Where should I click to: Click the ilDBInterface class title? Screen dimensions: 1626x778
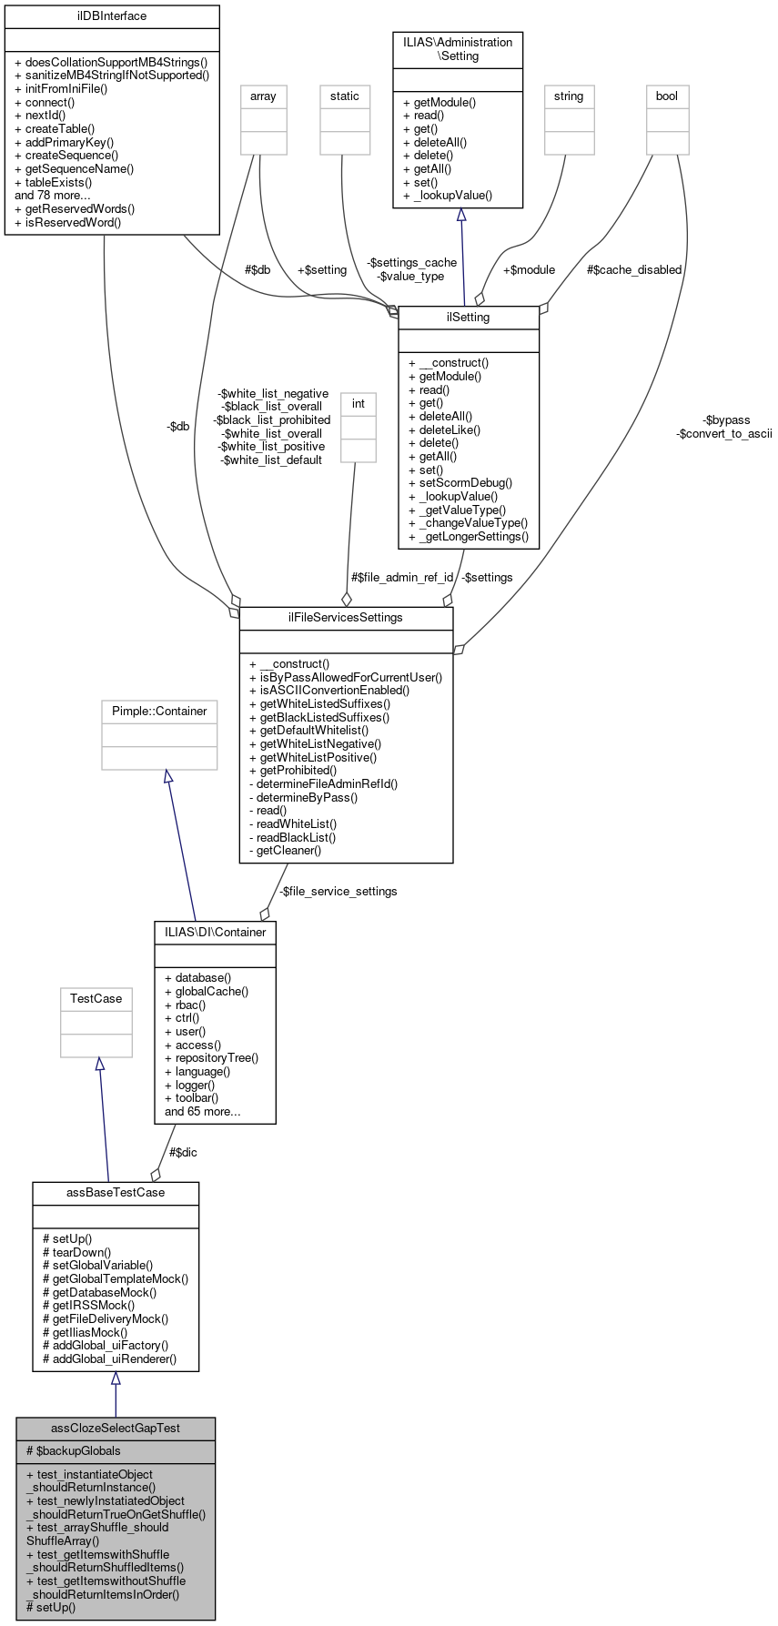pyautogui.click(x=112, y=15)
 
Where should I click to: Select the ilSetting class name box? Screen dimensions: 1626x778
pyautogui.click(x=469, y=318)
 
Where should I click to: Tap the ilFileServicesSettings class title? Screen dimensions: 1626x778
pyautogui.click(x=346, y=617)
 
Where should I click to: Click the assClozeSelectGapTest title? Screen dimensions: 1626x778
pyautogui.click(x=116, y=1428)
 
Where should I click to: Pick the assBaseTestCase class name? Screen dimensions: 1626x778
pyautogui.click(x=116, y=1192)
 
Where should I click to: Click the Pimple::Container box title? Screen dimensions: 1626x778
pyautogui.click(x=159, y=711)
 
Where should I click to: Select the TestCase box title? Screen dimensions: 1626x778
pyautogui.click(x=96, y=998)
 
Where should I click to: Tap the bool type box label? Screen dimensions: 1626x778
pyautogui.click(x=667, y=96)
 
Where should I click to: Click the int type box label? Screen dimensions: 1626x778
pyautogui.click(x=359, y=403)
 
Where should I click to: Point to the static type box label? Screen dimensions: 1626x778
pyautogui.click(x=345, y=96)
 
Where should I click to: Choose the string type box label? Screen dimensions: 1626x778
pyautogui.click(x=569, y=96)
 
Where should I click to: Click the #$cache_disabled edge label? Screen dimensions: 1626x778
pyautogui.click(x=633, y=269)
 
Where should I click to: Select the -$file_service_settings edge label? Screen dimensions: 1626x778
pyautogui.click(x=338, y=891)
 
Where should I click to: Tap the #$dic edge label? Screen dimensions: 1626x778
pyautogui.click(x=183, y=1152)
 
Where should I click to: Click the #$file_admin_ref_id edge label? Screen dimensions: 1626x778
pyautogui.click(x=402, y=577)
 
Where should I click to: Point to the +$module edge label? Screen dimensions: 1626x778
pyautogui.click(x=529, y=269)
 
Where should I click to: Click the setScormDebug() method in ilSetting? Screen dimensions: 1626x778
pyautogui.click(x=460, y=483)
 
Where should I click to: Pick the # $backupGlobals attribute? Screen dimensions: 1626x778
pyautogui.click(x=74, y=1450)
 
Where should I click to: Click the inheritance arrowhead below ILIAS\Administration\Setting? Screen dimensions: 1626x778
pyautogui.click(x=461, y=216)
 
